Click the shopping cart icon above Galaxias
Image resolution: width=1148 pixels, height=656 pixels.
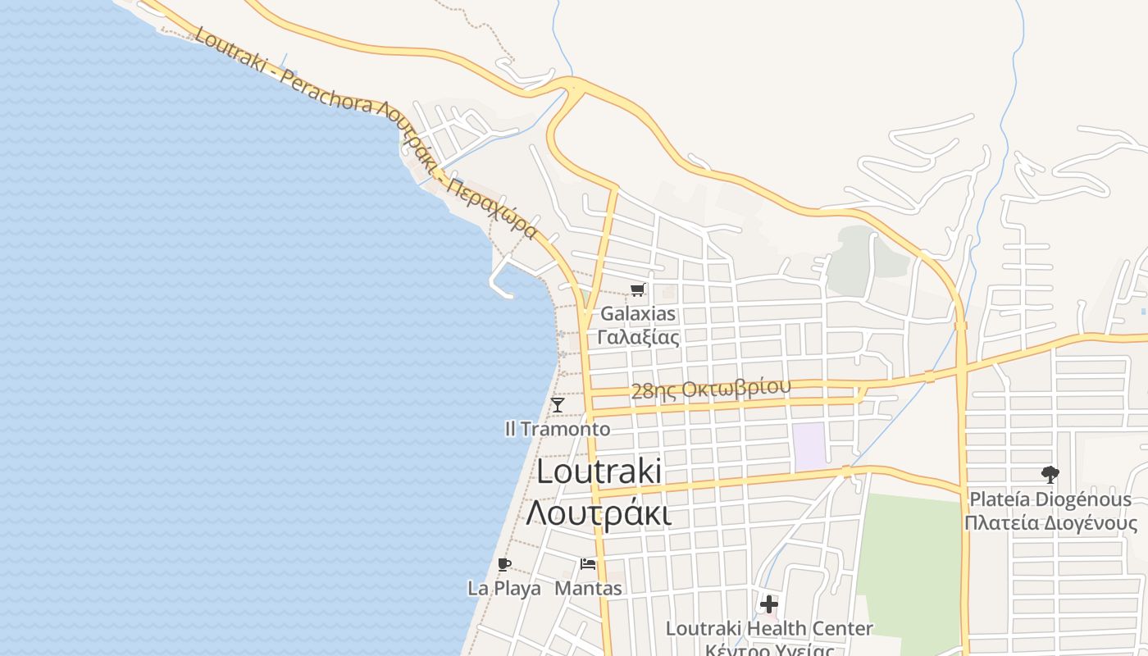coord(638,289)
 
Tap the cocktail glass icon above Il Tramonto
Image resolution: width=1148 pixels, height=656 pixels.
coord(558,404)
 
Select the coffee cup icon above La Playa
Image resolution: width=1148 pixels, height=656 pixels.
coord(504,564)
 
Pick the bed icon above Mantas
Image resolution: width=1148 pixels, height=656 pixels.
coord(588,564)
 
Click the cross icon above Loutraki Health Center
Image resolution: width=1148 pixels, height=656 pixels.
coord(768,604)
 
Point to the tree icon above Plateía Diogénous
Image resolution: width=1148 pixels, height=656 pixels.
coord(1050,474)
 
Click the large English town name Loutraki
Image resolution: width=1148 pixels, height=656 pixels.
coord(599,471)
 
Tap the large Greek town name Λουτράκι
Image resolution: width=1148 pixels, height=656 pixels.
coord(599,512)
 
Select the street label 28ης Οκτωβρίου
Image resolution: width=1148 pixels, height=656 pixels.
coord(711,389)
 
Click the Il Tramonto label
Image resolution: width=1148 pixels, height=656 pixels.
coord(558,429)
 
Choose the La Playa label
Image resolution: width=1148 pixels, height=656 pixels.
coord(504,588)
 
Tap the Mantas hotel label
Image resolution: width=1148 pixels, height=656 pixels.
coord(589,588)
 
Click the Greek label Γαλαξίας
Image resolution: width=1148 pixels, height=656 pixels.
coord(638,337)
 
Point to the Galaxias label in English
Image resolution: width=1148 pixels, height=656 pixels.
coord(638,313)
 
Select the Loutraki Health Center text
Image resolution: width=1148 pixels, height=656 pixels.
coord(768,628)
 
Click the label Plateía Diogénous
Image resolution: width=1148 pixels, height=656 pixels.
coord(1050,499)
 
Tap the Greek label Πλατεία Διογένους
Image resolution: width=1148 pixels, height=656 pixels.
coord(1050,523)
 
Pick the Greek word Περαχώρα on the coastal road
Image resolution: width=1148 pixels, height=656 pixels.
coord(494,208)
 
